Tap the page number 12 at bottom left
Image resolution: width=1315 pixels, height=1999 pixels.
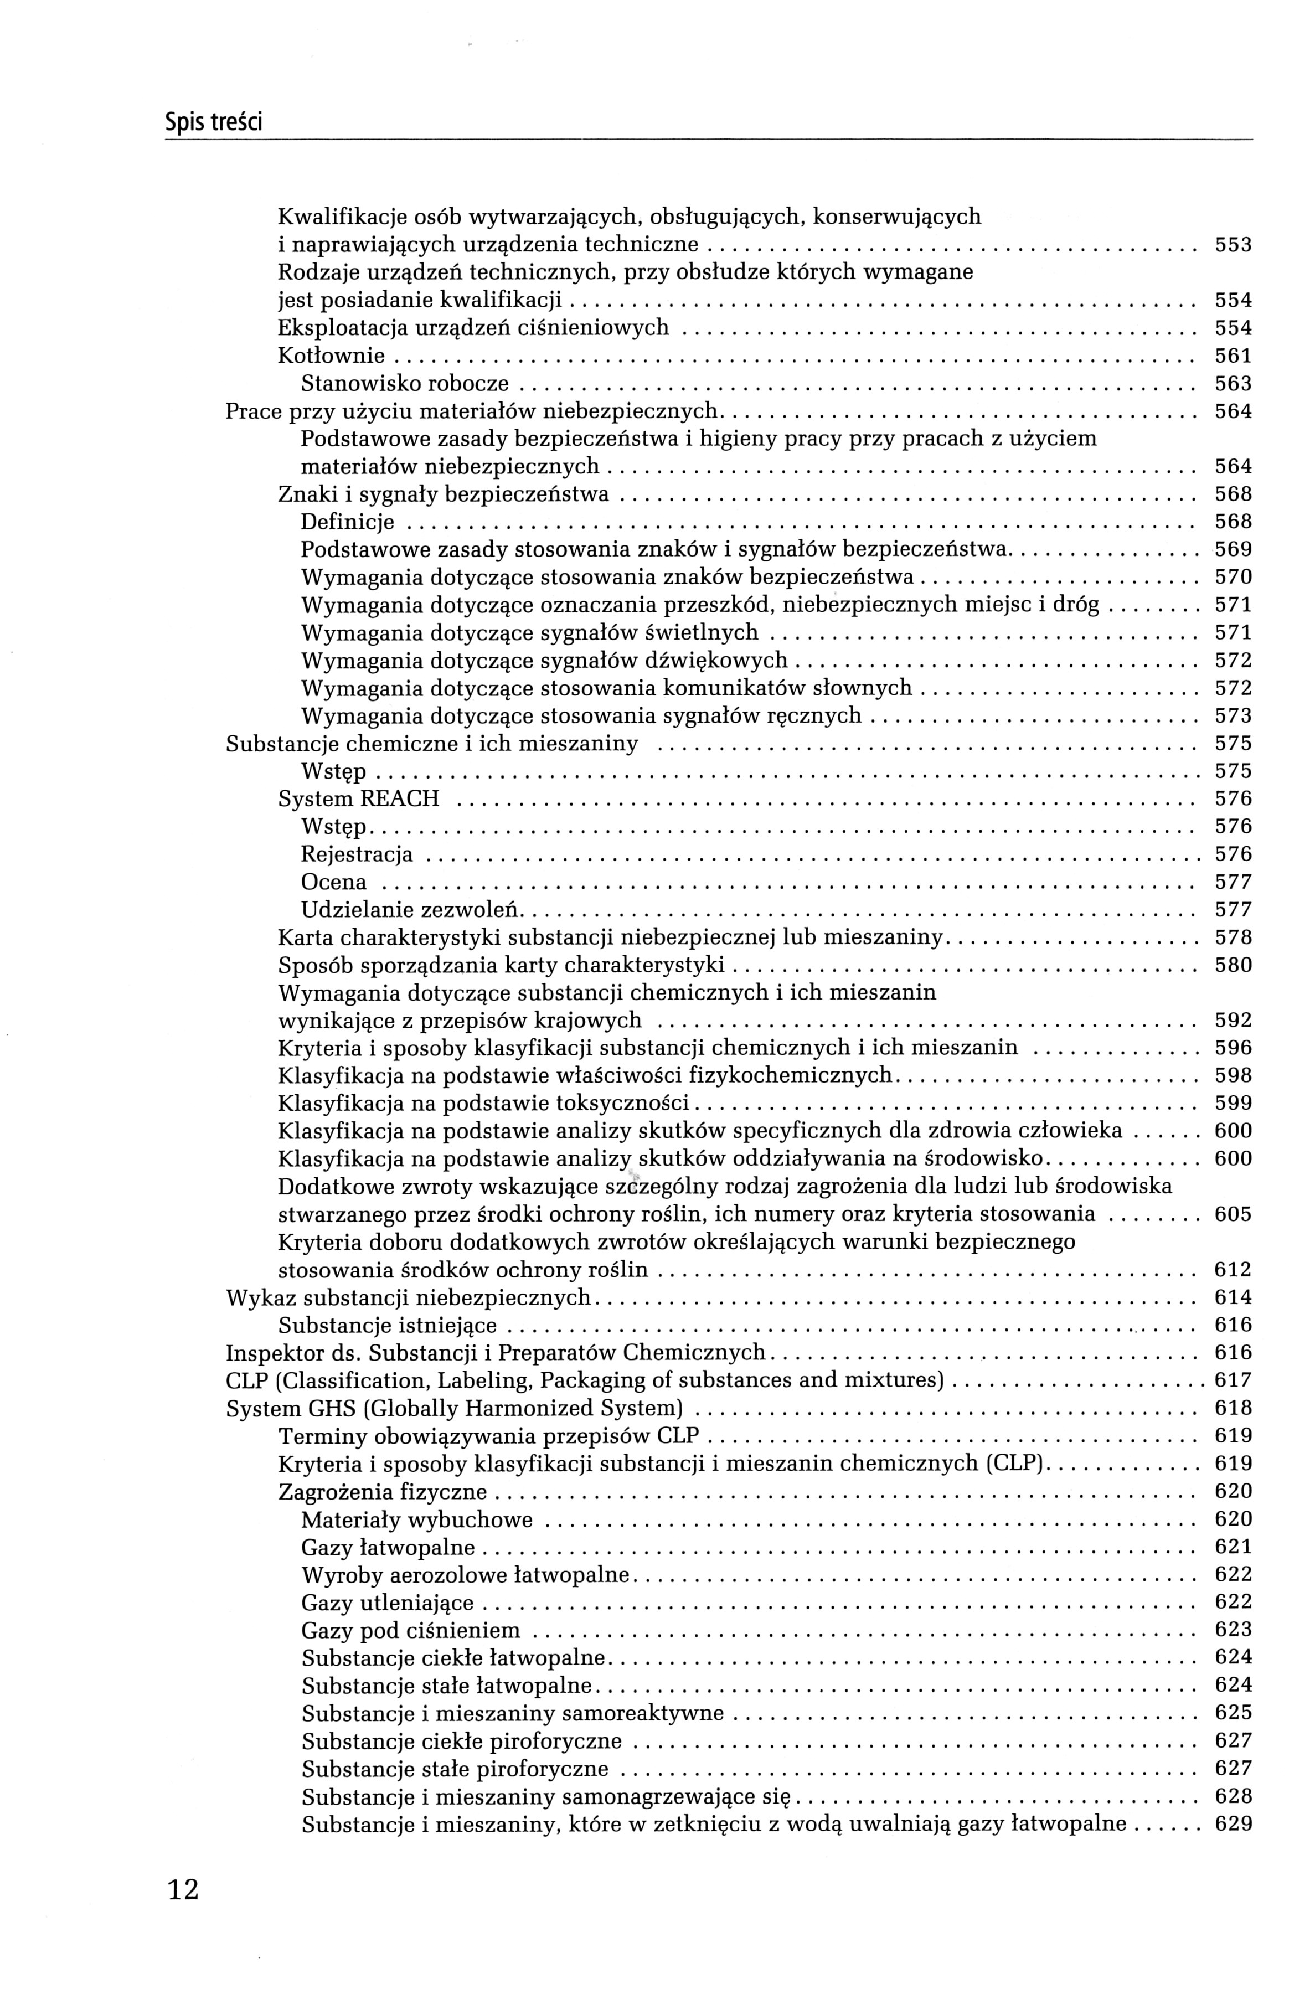pos(183,1890)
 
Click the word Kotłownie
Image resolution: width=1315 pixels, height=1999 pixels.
pos(331,356)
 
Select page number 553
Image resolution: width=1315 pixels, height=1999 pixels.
pos(1233,245)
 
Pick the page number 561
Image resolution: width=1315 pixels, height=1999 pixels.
pos(1233,356)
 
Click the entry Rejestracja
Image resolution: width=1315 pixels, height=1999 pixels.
pos(357,854)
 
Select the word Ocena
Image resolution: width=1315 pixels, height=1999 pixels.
pos(333,882)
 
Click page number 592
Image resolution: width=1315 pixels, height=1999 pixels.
pos(1233,1021)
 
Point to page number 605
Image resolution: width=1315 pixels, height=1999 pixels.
pos(1233,1214)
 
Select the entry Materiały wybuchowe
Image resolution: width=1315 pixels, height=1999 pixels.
pos(417,1519)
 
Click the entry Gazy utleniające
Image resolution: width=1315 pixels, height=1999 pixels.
pos(387,1603)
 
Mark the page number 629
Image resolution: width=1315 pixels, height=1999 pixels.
pos(1233,1825)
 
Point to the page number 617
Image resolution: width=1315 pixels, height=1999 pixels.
pos(1233,1381)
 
